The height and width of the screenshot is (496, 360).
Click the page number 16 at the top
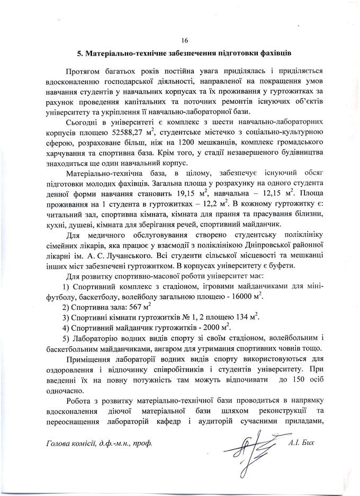pos(184,41)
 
